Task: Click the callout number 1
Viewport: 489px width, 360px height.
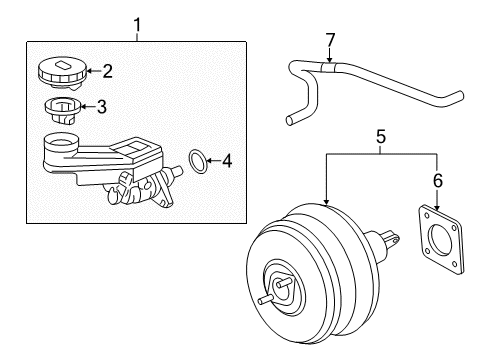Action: (137, 25)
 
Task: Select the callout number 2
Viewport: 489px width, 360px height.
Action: (107, 71)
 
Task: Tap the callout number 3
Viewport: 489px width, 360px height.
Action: (102, 107)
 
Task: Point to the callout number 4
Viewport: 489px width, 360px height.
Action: (227, 161)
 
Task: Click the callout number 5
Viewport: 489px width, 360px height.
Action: (381, 137)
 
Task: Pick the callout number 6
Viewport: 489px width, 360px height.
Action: (438, 180)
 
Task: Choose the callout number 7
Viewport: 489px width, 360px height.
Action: (330, 40)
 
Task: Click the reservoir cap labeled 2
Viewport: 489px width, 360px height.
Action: (62, 73)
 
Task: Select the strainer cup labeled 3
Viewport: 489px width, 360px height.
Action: (62, 110)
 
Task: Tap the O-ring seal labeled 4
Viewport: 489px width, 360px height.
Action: (198, 162)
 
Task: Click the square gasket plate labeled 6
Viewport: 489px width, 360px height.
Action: (441, 239)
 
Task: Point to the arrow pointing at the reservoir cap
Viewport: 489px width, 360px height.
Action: (94, 71)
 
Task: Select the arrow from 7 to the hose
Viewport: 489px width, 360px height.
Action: (330, 55)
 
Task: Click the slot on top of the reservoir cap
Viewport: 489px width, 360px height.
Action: (63, 65)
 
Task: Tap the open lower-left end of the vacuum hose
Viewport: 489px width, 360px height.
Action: (290, 120)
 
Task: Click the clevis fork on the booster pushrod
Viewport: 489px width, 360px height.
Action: (391, 239)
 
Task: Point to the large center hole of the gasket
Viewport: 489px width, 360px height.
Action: (441, 241)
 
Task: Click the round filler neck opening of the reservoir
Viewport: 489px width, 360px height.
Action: (61, 143)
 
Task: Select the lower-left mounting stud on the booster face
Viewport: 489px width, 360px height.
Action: (265, 299)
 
